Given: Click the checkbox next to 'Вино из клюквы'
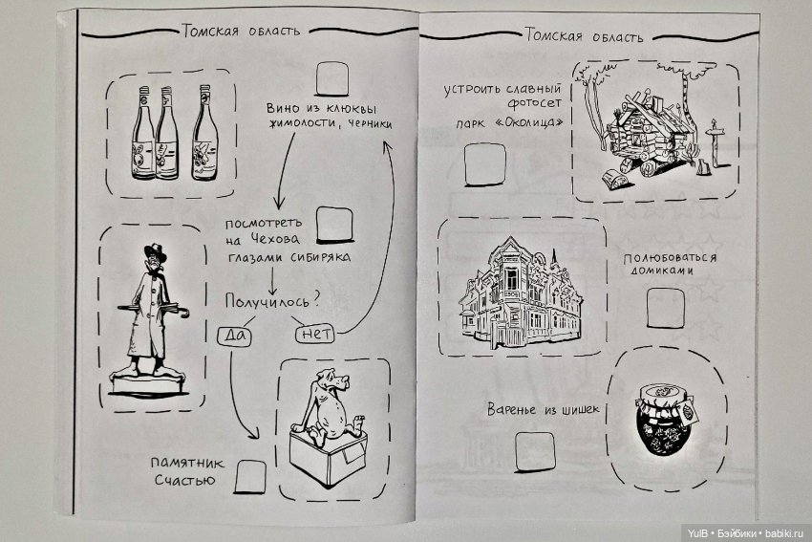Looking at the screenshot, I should pyautogui.click(x=331, y=77).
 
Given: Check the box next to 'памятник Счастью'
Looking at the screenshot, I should pyautogui.click(x=251, y=474).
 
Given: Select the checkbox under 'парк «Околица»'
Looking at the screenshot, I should pyautogui.click(x=479, y=165).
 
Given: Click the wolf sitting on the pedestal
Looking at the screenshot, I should pyautogui.click(x=326, y=411).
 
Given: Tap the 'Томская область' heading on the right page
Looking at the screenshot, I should pyautogui.click(x=584, y=36).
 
